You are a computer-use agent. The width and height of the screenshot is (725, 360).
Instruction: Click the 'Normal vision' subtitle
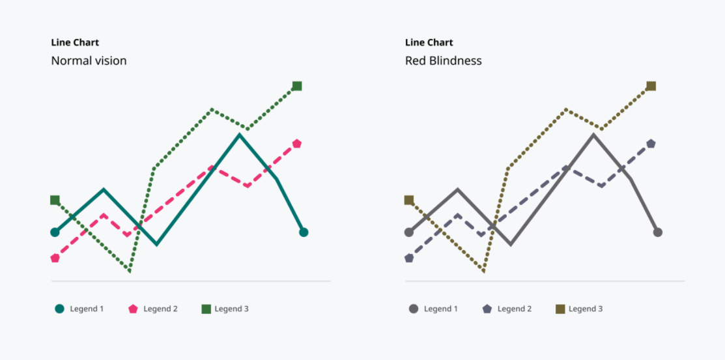tap(89, 61)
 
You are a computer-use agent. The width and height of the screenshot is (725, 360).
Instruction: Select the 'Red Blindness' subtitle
tap(444, 61)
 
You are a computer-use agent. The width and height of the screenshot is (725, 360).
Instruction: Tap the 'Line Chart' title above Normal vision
tap(75, 42)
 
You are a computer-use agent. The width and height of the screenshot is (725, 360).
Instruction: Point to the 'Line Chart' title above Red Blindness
tap(429, 42)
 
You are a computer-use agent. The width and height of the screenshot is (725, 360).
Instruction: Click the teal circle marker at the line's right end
tap(304, 232)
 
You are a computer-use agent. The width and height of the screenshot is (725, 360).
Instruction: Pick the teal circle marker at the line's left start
tap(55, 232)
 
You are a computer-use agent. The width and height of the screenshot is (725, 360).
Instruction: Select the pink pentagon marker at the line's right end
tap(297, 144)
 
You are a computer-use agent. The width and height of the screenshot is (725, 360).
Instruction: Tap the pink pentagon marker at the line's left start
tap(55, 258)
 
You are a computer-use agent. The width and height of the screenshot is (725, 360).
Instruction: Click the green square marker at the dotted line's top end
tap(297, 86)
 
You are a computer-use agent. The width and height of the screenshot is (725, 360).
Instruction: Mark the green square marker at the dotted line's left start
tap(55, 200)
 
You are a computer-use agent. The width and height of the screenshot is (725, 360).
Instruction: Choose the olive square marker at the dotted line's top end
tap(651, 86)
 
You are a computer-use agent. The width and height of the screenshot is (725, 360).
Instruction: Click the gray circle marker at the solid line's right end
tap(657, 232)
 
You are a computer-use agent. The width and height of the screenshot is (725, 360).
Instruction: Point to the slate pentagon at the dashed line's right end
tap(651, 144)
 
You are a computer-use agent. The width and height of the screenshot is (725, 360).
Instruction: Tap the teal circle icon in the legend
tap(60, 309)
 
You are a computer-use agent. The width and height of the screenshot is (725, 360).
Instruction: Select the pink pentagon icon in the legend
tap(133, 309)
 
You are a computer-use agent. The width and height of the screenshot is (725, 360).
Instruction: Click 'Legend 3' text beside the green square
tap(232, 309)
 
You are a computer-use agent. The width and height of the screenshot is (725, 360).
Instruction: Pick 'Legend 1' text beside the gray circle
tap(440, 309)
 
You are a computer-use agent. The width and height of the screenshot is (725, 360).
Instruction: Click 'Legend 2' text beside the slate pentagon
tap(515, 309)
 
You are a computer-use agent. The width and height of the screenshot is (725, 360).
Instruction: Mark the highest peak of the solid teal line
tap(240, 135)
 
